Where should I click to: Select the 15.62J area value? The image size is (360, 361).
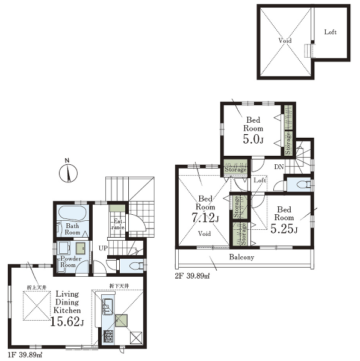67,322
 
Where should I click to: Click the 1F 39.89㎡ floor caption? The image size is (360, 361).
25,354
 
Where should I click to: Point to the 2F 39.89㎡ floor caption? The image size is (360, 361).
192,276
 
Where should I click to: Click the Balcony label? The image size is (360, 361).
241,257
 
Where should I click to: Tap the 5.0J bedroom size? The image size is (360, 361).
253,139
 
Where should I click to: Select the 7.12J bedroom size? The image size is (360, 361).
205,217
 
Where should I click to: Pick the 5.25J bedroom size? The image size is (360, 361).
284,229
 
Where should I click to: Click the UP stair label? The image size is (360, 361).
103,248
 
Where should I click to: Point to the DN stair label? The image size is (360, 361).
279,167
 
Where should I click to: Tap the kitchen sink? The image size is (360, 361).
107,306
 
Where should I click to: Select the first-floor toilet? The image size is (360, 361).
136,267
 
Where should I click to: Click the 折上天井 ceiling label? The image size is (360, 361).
37,288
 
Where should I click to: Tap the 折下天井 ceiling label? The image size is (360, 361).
119,286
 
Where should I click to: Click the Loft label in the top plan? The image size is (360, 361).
331,32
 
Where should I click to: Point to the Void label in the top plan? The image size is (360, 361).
285,40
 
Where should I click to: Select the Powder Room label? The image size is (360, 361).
70,262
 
